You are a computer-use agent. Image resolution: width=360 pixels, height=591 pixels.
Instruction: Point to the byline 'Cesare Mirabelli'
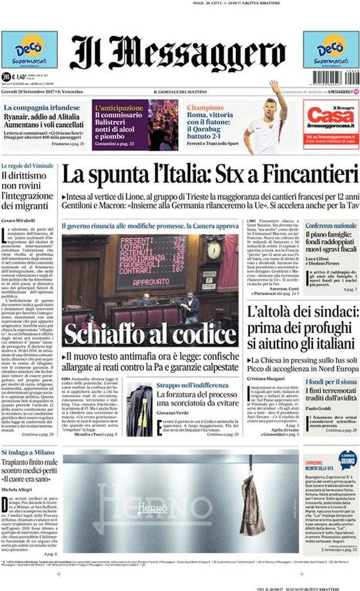point(18,220)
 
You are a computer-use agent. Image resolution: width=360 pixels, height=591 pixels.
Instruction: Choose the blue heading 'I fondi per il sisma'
point(331,381)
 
